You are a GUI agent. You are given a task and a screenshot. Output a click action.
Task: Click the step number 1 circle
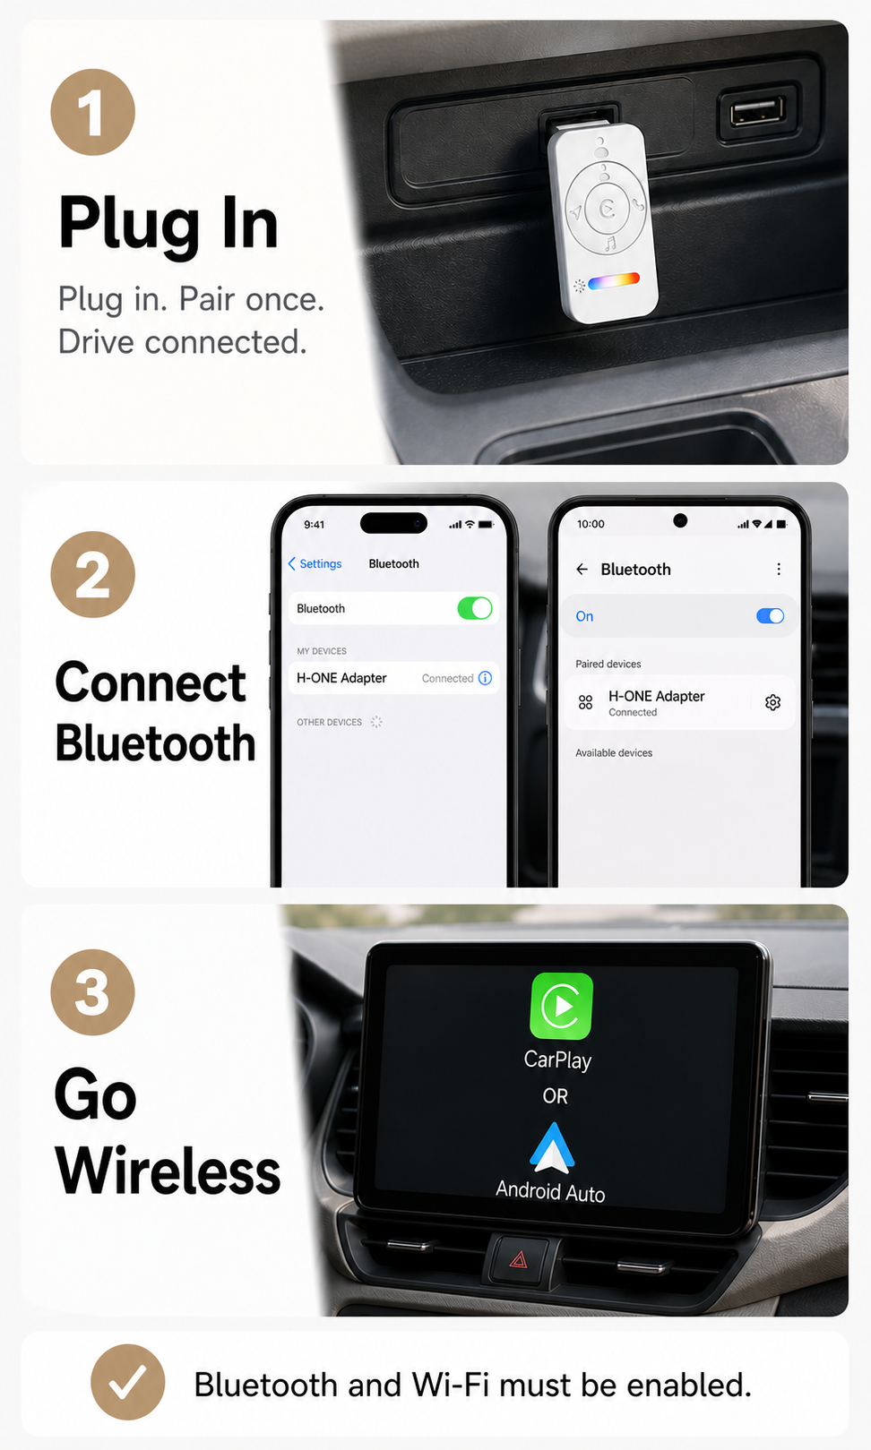pos(92,112)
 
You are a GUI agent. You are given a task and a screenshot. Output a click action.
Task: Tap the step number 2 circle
pos(92,574)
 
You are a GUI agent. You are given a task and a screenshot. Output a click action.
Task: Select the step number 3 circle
pos(92,991)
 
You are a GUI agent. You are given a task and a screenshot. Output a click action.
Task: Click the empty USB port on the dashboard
pos(756,111)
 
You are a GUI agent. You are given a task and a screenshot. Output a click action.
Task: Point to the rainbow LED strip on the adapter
pos(613,281)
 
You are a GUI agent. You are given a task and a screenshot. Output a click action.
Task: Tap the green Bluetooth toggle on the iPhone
pos(475,608)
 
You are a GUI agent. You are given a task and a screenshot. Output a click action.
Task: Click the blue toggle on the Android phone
pos(770,615)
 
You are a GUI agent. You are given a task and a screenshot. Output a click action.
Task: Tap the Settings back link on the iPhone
pos(315,564)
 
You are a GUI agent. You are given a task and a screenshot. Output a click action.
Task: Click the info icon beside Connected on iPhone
pos(485,678)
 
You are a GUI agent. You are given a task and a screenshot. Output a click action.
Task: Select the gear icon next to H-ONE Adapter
pos(772,702)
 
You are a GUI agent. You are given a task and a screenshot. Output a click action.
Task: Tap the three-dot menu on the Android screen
pos(779,569)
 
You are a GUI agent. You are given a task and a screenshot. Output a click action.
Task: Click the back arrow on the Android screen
pos(582,569)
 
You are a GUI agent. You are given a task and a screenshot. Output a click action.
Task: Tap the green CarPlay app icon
pos(562,1005)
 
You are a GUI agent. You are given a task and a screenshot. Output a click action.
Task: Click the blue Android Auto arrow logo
pos(552,1147)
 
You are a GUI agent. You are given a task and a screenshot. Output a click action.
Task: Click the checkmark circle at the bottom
pos(127,1382)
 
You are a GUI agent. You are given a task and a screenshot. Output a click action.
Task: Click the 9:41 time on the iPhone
pos(314,524)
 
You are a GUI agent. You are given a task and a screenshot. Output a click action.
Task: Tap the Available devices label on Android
pos(614,753)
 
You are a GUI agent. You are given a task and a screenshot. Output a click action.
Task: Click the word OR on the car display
pos(556,1096)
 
